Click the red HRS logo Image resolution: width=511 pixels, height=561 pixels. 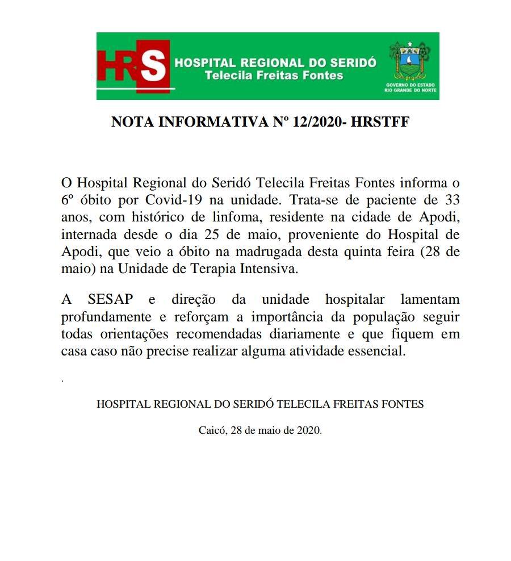(x=134, y=66)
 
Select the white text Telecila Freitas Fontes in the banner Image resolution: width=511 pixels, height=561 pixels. (x=274, y=76)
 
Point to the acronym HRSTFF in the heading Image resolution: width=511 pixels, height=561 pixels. (x=380, y=122)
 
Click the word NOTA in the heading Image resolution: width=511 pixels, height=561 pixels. (x=131, y=122)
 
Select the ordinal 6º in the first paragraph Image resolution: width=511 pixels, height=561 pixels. (x=69, y=200)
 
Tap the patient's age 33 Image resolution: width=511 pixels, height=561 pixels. (x=451, y=200)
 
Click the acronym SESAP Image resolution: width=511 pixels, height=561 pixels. (x=108, y=299)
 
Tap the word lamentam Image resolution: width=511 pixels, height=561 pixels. (x=430, y=299)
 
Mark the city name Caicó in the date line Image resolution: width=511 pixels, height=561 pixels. (x=212, y=430)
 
